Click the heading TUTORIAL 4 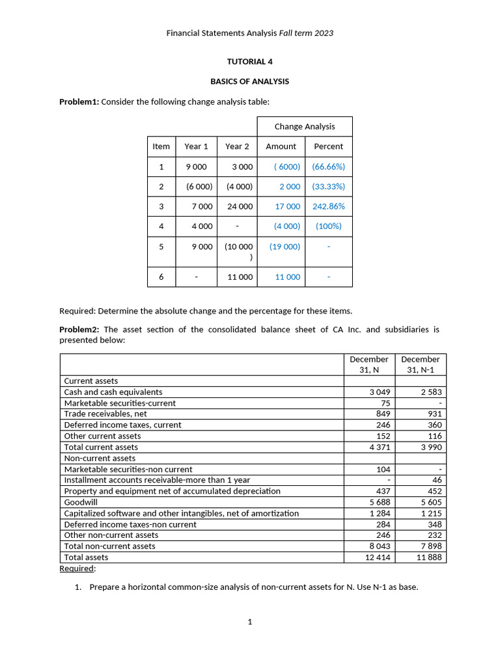pyautogui.click(x=249, y=62)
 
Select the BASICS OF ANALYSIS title pyautogui.click(x=249, y=81)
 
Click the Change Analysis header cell pyautogui.click(x=304, y=126)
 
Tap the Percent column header pyautogui.click(x=328, y=146)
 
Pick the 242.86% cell pyautogui.click(x=328, y=206)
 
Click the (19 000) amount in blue pyautogui.click(x=285, y=246)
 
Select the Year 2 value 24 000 pyautogui.click(x=240, y=206)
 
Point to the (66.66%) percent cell pyautogui.click(x=328, y=166)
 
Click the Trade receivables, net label pyautogui.click(x=105, y=414)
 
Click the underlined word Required pyautogui.click(x=77, y=568)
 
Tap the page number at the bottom pyautogui.click(x=249, y=622)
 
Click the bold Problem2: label pyautogui.click(x=79, y=329)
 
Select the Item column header pyautogui.click(x=161, y=146)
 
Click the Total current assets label pyautogui.click(x=101, y=447)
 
